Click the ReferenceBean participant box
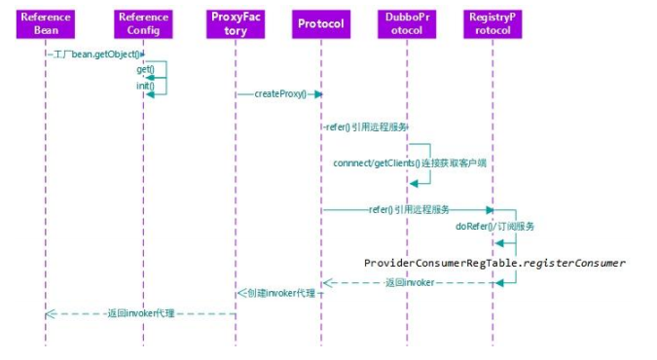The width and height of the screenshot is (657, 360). pyautogui.click(x=45, y=23)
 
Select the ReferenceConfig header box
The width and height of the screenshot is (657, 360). pyautogui.click(x=143, y=23)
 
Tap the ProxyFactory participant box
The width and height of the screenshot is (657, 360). pyautogui.click(x=235, y=23)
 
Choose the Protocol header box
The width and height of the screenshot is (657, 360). pyautogui.click(x=321, y=23)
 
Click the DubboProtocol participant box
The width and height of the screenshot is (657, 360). pyautogui.click(x=407, y=23)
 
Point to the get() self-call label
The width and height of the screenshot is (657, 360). pyautogui.click(x=145, y=69)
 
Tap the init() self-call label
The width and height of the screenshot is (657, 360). pyautogui.click(x=145, y=86)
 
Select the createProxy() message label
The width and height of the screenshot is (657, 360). pyautogui.click(x=280, y=94)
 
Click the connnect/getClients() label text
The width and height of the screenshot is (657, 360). pyautogui.click(x=409, y=162)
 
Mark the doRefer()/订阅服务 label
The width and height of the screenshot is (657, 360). pyautogui.click(x=494, y=226)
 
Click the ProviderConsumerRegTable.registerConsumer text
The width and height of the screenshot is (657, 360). pyautogui.click(x=494, y=263)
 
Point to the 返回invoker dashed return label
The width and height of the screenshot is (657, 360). pyautogui.click(x=409, y=282)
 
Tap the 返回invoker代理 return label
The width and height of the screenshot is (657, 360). pyautogui.click(x=142, y=313)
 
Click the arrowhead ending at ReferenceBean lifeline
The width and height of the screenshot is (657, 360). pyautogui.click(x=50, y=313)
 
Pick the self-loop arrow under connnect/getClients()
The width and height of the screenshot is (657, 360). pyautogui.click(x=424, y=171)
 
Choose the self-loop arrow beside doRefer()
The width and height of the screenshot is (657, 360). pyautogui.click(x=511, y=234)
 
